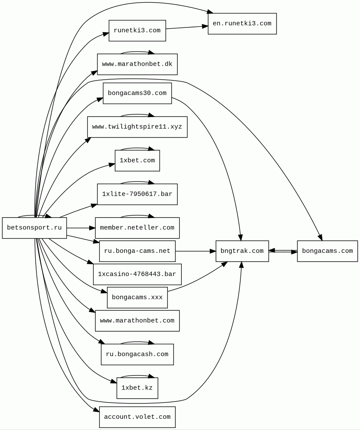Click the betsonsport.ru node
(x=34, y=228)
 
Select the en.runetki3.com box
(x=242, y=24)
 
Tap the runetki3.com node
(x=137, y=30)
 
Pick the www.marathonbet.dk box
(x=137, y=64)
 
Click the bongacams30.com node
(x=137, y=93)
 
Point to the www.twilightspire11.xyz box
(x=137, y=127)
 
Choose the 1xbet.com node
(x=137, y=161)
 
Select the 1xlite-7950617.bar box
(x=137, y=194)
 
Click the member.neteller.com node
(x=137, y=228)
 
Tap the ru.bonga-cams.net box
(x=137, y=251)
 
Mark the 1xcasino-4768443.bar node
(x=137, y=274)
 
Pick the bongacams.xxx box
(x=137, y=298)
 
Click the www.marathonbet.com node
(x=137, y=321)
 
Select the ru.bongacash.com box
(x=137, y=354)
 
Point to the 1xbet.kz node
(x=137, y=388)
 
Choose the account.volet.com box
(x=137, y=417)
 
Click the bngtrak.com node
(x=242, y=251)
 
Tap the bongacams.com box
(x=327, y=251)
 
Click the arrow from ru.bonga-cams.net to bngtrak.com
(x=196, y=251)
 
